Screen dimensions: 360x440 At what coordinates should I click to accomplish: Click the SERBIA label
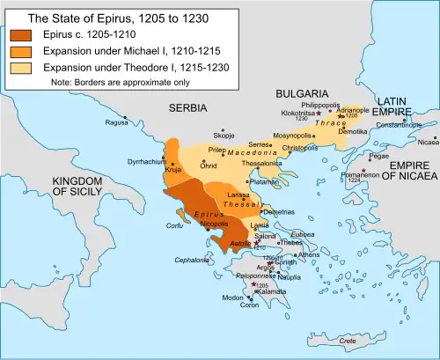point(187,107)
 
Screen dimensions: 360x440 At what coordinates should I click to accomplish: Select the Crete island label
point(348,340)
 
